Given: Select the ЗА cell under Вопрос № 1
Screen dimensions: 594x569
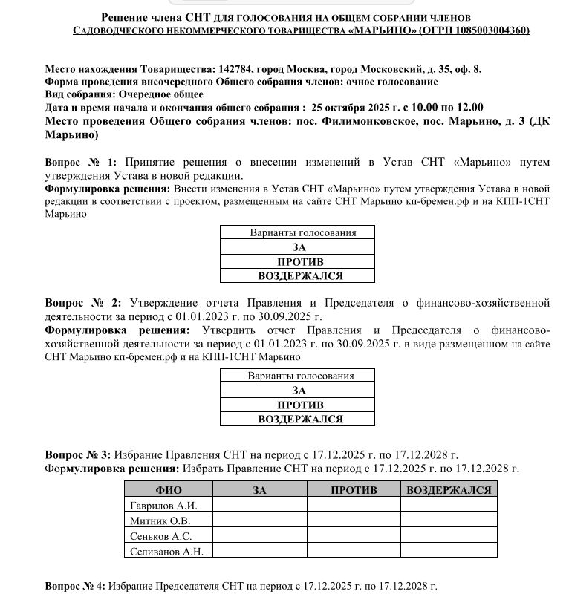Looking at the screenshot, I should pyautogui.click(x=298, y=247).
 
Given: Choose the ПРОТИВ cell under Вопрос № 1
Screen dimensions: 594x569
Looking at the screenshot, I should pyautogui.click(x=298, y=261).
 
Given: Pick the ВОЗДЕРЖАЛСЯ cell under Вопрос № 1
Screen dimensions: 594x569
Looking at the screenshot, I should pyautogui.click(x=298, y=275).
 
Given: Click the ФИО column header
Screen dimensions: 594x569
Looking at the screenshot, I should pyautogui.click(x=169, y=490).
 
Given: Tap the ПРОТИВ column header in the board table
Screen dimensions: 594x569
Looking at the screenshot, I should pyautogui.click(x=354, y=490).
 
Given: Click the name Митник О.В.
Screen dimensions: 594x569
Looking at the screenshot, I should pyautogui.click(x=160, y=520).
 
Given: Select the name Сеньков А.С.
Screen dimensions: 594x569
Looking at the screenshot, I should pyautogui.click(x=160, y=535).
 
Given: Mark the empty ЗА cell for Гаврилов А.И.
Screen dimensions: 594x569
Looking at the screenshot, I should pyautogui.click(x=259, y=506).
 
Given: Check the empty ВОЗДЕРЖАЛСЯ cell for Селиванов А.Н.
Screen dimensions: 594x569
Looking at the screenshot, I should pyautogui.click(x=449, y=551).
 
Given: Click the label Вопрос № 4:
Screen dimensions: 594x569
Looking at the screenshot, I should pyautogui.click(x=76, y=587).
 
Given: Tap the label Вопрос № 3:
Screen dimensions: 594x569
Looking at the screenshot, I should pyautogui.click(x=78, y=454).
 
